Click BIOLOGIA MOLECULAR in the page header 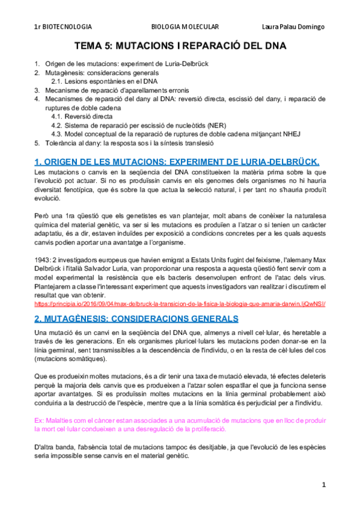[185, 27]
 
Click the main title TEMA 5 [180, 46]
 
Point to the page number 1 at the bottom [323, 484]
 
